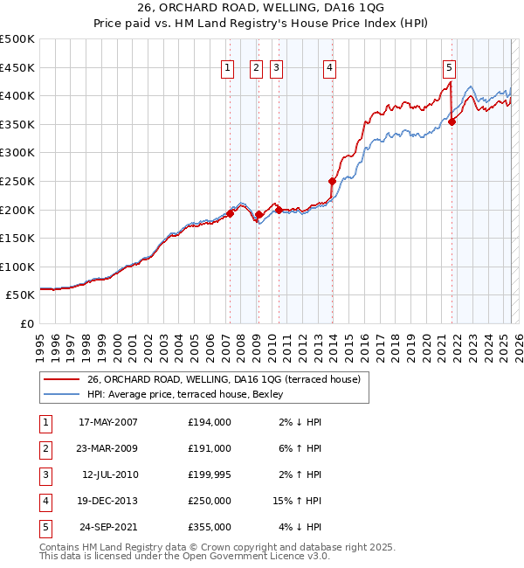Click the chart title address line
(x=262, y=8)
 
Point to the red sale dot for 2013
(x=333, y=182)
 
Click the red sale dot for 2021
(x=452, y=122)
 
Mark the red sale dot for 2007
(x=231, y=213)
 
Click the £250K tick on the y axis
(x=17, y=181)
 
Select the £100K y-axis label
(x=17, y=267)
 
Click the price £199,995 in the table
(x=210, y=474)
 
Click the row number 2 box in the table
(x=45, y=448)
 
